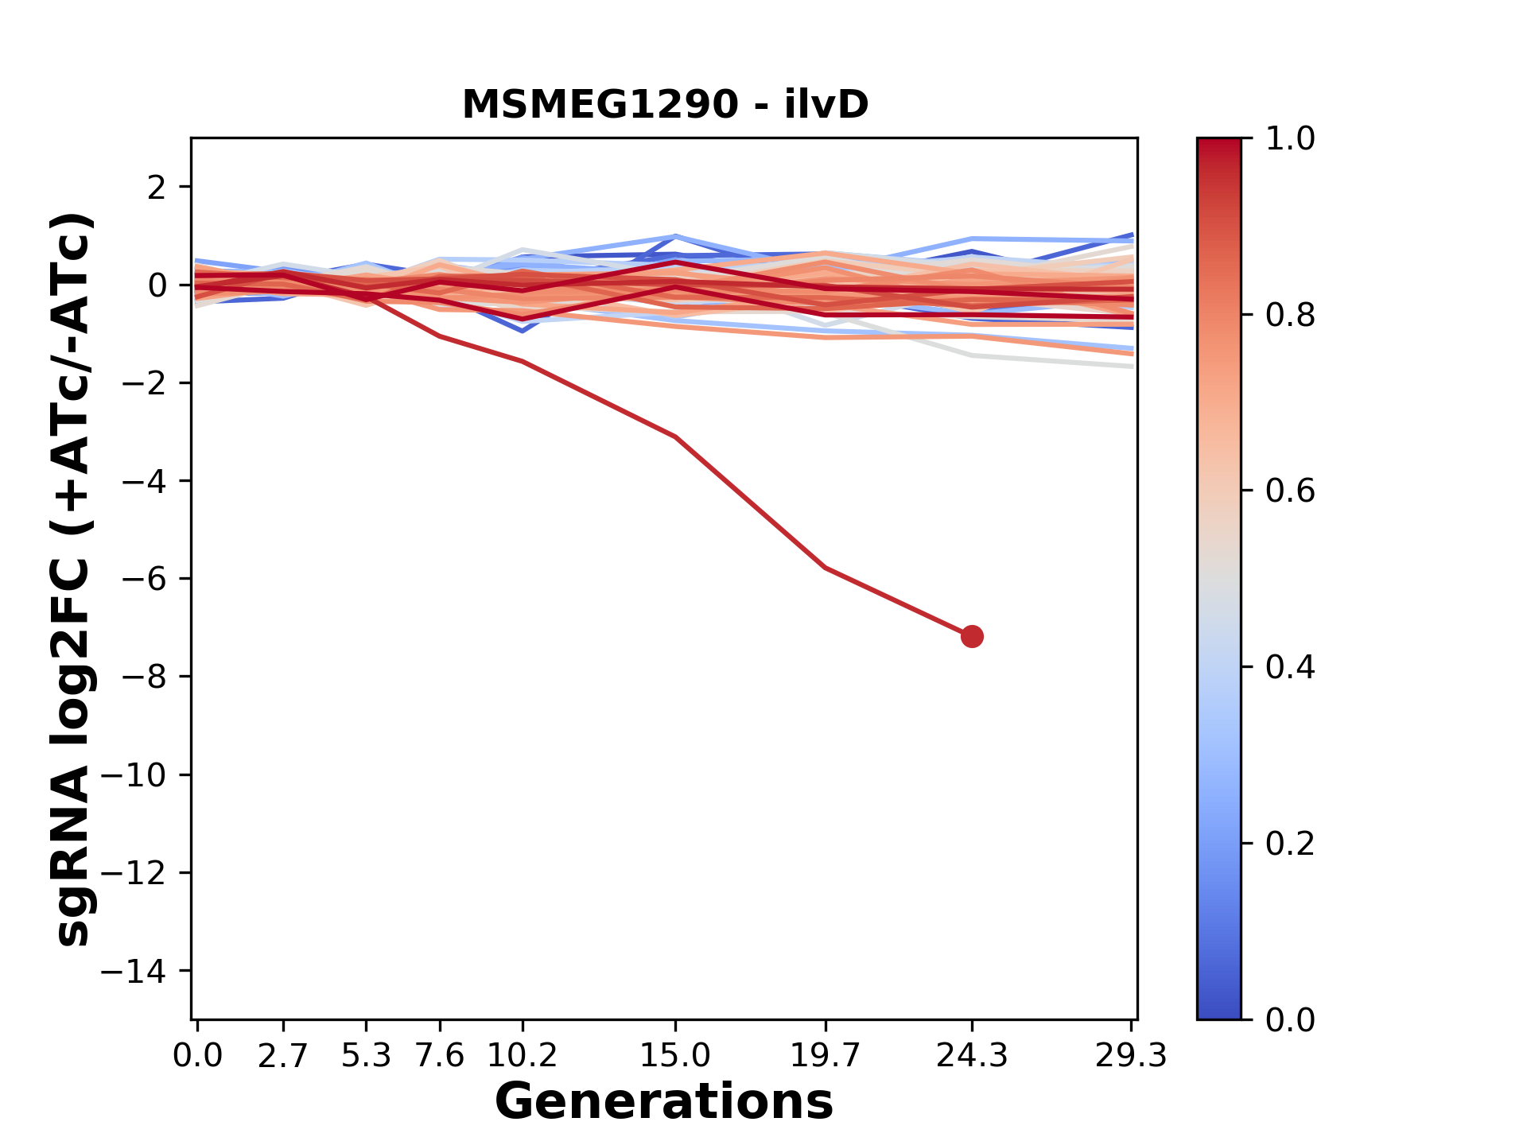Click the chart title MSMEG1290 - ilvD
665,105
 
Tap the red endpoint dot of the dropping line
972,636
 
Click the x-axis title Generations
664,1102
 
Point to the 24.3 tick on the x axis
972,1056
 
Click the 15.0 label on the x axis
675,1056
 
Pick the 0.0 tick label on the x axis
197,1056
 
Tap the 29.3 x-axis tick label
1131,1056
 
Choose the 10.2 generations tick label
522,1056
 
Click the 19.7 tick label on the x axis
826,1056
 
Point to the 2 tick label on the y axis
157,187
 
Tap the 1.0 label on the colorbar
1290,139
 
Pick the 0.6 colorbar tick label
1290,491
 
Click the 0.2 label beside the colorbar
1290,844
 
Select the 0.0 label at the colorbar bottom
1290,1019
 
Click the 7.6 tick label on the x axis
440,1056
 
